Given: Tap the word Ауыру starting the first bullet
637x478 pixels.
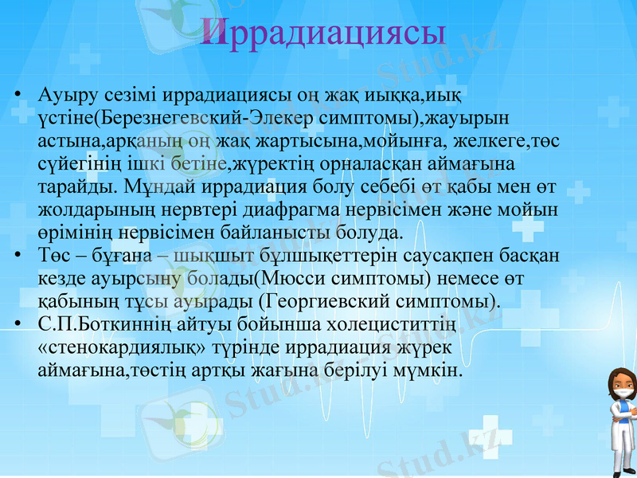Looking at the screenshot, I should [64, 95].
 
